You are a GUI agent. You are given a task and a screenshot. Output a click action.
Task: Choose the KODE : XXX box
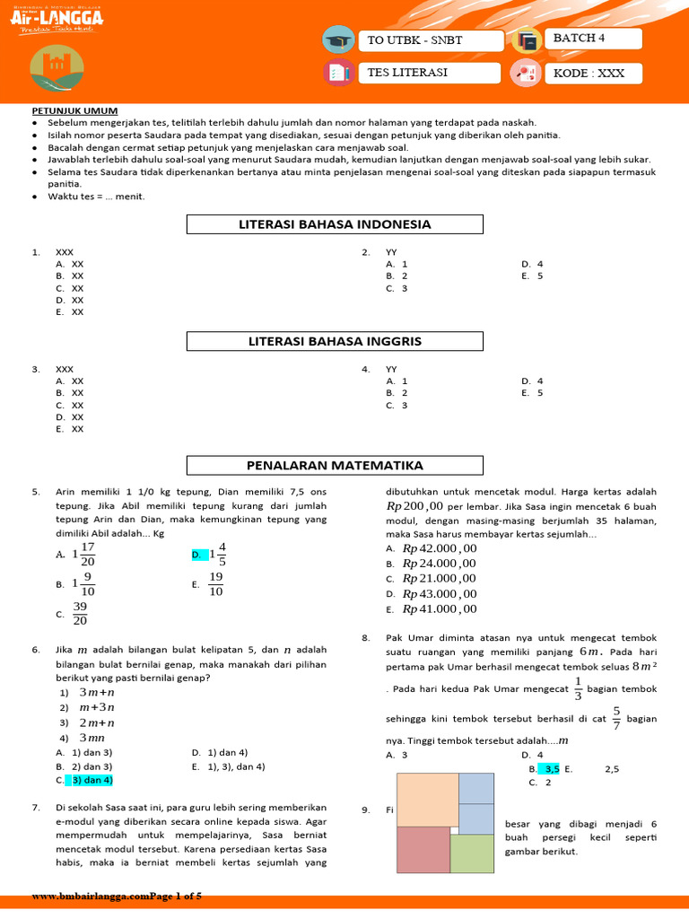click(593, 73)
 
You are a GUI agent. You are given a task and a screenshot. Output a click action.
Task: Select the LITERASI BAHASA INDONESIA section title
click(335, 224)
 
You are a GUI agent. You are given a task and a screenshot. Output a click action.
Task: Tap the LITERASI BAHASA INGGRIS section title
click(335, 342)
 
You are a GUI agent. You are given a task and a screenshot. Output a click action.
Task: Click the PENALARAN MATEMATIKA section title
click(335, 465)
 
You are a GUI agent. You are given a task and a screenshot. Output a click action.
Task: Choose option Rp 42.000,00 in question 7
click(439, 548)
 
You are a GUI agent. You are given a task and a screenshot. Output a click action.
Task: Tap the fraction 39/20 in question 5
click(80, 614)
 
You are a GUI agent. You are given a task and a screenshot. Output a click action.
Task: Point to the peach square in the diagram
click(427, 800)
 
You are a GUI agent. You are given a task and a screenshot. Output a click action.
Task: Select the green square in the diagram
click(471, 853)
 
